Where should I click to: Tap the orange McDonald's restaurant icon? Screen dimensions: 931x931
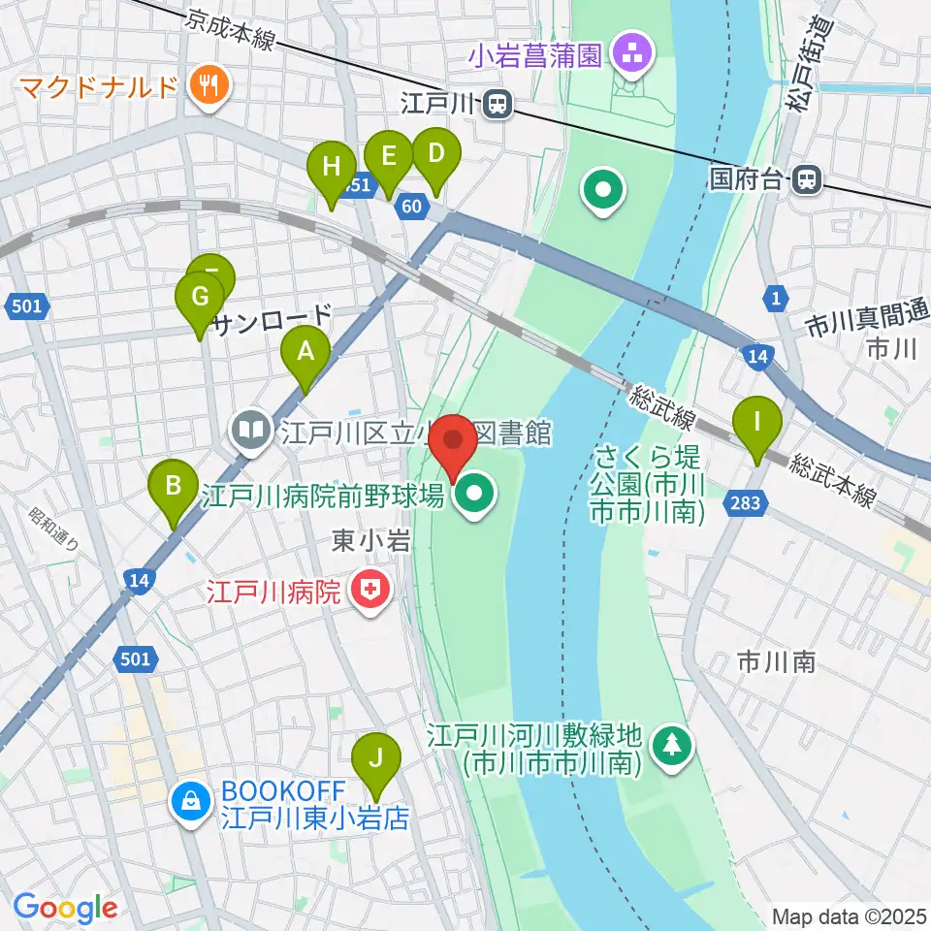click(209, 86)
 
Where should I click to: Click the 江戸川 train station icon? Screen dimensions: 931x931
click(498, 103)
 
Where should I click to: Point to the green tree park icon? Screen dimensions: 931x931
click(670, 744)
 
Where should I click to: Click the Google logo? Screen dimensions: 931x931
click(65, 909)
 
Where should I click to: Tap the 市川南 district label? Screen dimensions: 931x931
click(775, 662)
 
